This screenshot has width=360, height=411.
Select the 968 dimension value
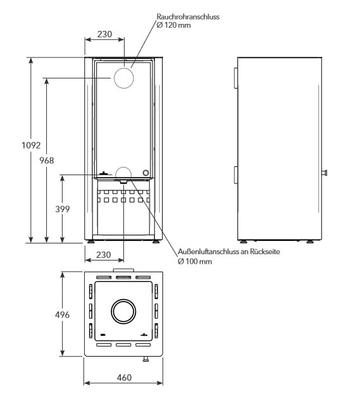(47, 161)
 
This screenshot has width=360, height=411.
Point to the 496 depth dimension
(62, 314)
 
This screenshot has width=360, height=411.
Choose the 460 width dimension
(124, 377)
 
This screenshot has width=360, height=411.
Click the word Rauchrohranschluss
(188, 17)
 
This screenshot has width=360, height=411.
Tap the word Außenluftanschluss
(204, 252)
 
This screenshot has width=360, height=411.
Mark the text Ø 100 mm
(195, 261)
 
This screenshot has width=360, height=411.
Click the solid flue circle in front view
(124, 78)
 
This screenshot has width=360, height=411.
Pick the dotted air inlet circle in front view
(124, 174)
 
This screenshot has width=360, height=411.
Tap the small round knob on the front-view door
(146, 173)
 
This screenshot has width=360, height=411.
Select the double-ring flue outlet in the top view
(124, 312)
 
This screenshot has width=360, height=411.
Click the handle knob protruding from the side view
(326, 173)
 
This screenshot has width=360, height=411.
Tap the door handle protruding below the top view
(146, 360)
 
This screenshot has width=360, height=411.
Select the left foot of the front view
(93, 241)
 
